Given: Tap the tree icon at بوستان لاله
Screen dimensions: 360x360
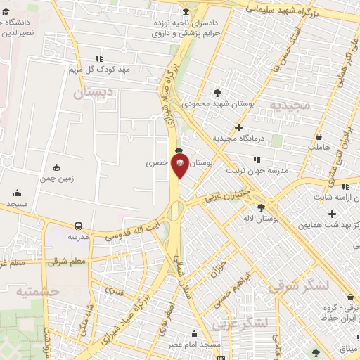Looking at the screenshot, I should click(262, 207).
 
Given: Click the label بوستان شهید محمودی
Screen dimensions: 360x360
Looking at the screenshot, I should click(217, 103).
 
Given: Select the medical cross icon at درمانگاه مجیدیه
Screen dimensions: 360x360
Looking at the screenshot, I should click(239, 128).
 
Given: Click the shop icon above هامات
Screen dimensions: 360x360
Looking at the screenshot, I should click(319, 136).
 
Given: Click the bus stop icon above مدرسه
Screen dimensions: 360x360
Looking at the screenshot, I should click(77, 226).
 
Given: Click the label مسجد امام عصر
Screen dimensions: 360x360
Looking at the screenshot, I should click(193, 345).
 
